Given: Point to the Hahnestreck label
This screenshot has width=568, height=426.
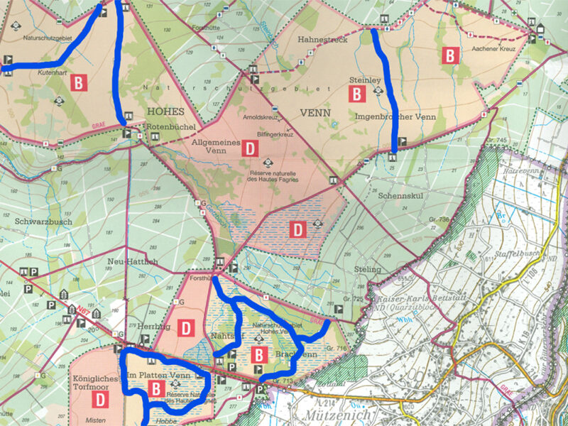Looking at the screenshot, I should click(x=323, y=40).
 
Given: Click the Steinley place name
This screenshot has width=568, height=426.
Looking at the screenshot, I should click(x=366, y=80).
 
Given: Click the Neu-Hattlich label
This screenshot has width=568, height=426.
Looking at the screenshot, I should click(x=132, y=262).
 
